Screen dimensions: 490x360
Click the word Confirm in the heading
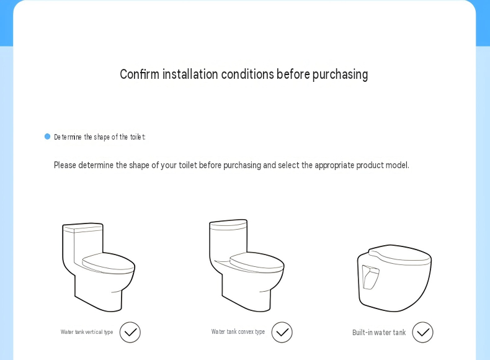click(140, 74)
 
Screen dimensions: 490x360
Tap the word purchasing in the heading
click(340, 75)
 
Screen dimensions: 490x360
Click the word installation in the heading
click(190, 74)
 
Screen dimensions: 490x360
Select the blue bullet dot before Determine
click(47, 137)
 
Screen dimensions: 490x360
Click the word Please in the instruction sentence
click(65, 165)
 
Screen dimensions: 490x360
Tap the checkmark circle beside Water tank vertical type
click(130, 332)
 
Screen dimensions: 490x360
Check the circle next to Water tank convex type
click(282, 332)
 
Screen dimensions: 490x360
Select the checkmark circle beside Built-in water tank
click(422, 332)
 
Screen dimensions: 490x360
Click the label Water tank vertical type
click(87, 332)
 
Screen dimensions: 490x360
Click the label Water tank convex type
click(238, 331)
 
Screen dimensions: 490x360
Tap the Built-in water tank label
click(379, 332)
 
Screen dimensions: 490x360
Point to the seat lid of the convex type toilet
click(257, 262)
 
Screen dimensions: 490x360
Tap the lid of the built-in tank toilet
click(400, 255)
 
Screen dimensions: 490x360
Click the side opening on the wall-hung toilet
click(370, 277)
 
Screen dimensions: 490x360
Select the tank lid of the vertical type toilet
click(82, 228)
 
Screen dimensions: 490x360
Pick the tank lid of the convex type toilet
click(228, 225)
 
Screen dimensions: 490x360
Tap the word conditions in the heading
click(247, 74)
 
